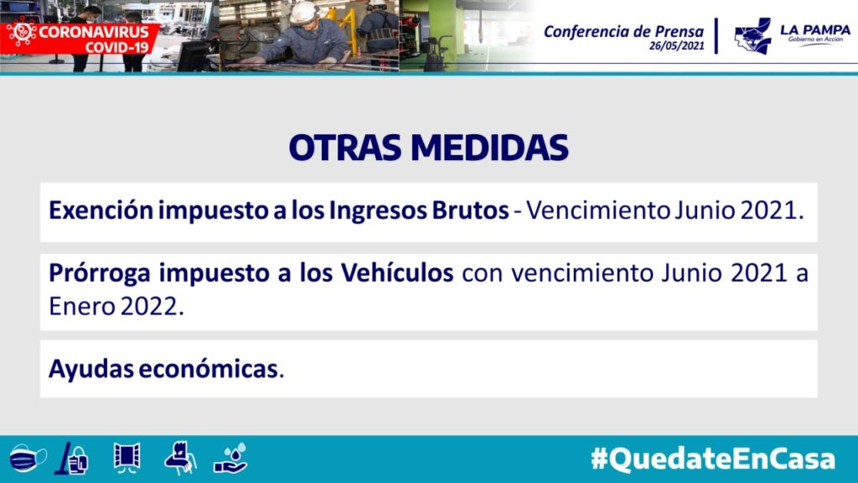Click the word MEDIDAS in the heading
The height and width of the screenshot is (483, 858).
click(490, 148)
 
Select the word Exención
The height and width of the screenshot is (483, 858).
click(101, 210)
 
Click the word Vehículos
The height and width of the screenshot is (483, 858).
click(397, 273)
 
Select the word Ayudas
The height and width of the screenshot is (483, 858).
click(90, 370)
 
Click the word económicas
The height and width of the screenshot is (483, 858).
click(209, 369)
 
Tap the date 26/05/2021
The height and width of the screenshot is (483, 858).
click(677, 46)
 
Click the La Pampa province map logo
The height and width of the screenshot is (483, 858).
click(753, 36)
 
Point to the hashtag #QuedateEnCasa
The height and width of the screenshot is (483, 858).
click(713, 459)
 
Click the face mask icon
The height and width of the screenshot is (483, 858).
click(28, 458)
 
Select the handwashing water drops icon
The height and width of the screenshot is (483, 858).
click(230, 459)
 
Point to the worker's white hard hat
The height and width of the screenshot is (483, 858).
click(303, 13)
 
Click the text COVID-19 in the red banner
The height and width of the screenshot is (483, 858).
click(116, 48)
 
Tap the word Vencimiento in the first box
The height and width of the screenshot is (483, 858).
click(598, 210)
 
